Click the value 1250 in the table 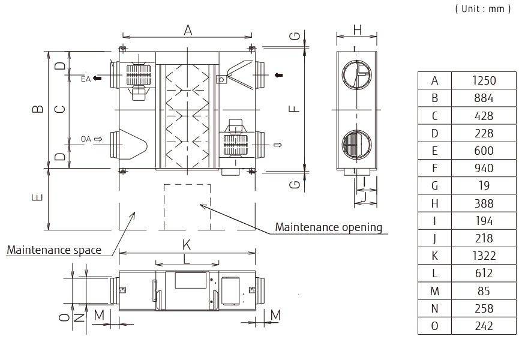[483, 80]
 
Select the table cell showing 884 [483, 98]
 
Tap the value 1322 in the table [483, 256]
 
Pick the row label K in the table [434, 256]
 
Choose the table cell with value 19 [483, 185]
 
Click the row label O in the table [434, 326]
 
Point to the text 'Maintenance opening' [328, 227]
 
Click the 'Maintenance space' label [53, 250]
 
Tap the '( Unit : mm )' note [483, 9]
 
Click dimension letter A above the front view [188, 30]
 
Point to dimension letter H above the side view [357, 29]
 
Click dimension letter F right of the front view [292, 109]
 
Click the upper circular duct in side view [356, 74]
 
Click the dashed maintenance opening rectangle [187, 206]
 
